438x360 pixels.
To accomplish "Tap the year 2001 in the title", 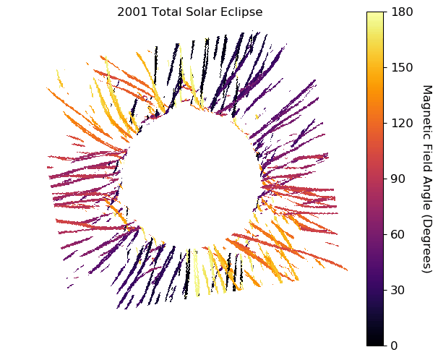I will click(x=131, y=12).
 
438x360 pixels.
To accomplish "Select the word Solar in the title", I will click(x=200, y=12).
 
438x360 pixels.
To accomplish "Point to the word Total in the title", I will click(x=166, y=12).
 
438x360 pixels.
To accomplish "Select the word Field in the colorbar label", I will click(x=426, y=149).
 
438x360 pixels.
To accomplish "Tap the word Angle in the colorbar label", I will click(x=426, y=182).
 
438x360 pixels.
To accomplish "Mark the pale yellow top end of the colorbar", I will click(x=375, y=15).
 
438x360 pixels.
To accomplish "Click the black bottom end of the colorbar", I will click(x=375, y=342).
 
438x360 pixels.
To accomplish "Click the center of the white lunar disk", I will click(x=191, y=176).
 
